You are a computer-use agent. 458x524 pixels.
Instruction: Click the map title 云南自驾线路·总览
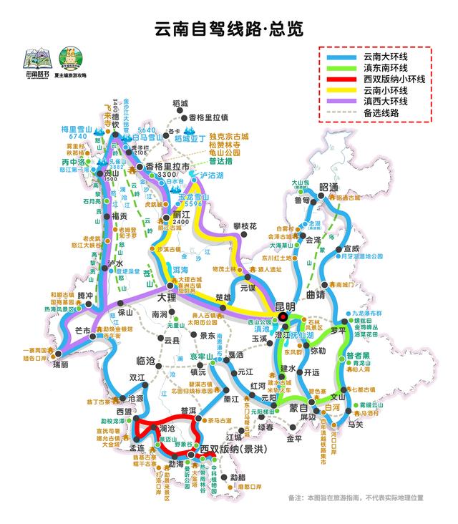(229, 29)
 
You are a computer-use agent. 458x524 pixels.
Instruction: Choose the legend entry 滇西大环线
(385, 102)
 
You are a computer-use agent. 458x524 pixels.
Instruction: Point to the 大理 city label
(167, 296)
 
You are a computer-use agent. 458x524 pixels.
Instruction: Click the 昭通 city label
(328, 188)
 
